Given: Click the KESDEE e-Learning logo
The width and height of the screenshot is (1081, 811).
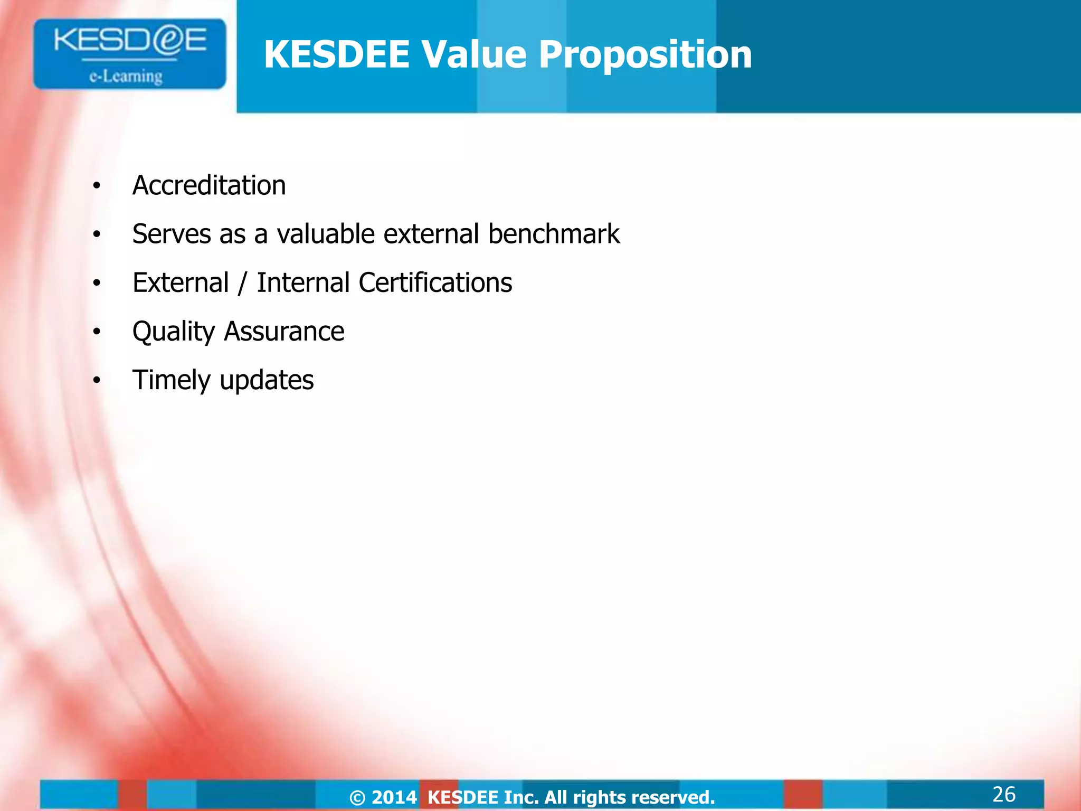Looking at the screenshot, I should (129, 54).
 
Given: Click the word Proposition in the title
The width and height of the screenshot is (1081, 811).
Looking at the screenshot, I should (645, 54).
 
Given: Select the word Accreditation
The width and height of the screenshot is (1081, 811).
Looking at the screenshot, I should (209, 185).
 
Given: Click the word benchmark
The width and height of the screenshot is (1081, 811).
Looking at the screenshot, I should (554, 234).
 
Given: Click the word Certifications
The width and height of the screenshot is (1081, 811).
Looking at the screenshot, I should (435, 282).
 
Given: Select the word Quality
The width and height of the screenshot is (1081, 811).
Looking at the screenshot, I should (174, 332).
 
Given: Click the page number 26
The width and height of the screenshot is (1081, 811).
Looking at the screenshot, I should (1003, 794).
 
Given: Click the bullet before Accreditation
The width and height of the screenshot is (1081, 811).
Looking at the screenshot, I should (96, 186).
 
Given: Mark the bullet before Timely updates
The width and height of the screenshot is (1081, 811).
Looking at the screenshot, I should (96, 380).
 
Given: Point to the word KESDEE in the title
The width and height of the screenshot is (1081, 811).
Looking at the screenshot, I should (337, 54).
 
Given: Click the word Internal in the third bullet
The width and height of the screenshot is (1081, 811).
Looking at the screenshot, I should (303, 282).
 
